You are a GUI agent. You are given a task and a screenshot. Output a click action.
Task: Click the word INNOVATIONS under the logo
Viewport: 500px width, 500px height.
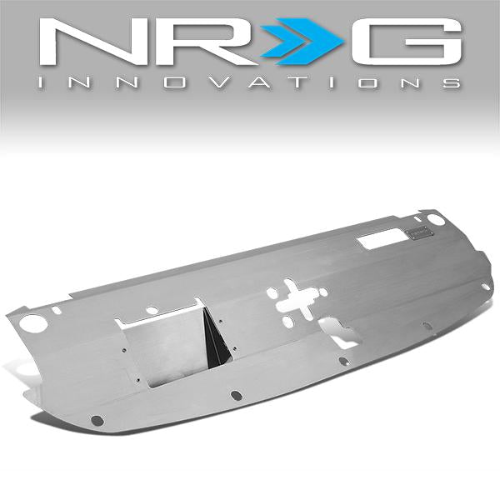250,83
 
